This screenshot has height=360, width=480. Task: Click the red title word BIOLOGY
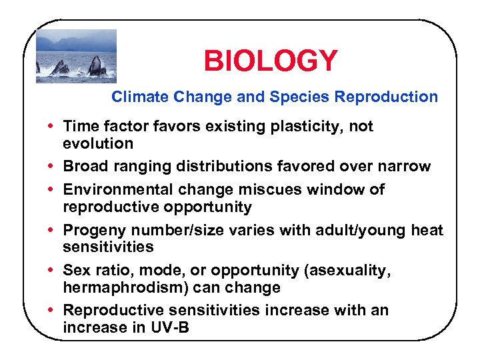(x=271, y=61)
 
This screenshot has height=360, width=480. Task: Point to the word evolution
(x=98, y=143)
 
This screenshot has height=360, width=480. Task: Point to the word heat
(x=429, y=231)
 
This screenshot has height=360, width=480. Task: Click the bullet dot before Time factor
(x=52, y=126)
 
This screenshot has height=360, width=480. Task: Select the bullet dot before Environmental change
(x=52, y=189)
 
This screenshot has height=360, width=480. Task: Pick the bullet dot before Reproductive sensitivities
(x=52, y=310)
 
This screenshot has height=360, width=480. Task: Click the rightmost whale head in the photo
(x=96, y=67)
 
